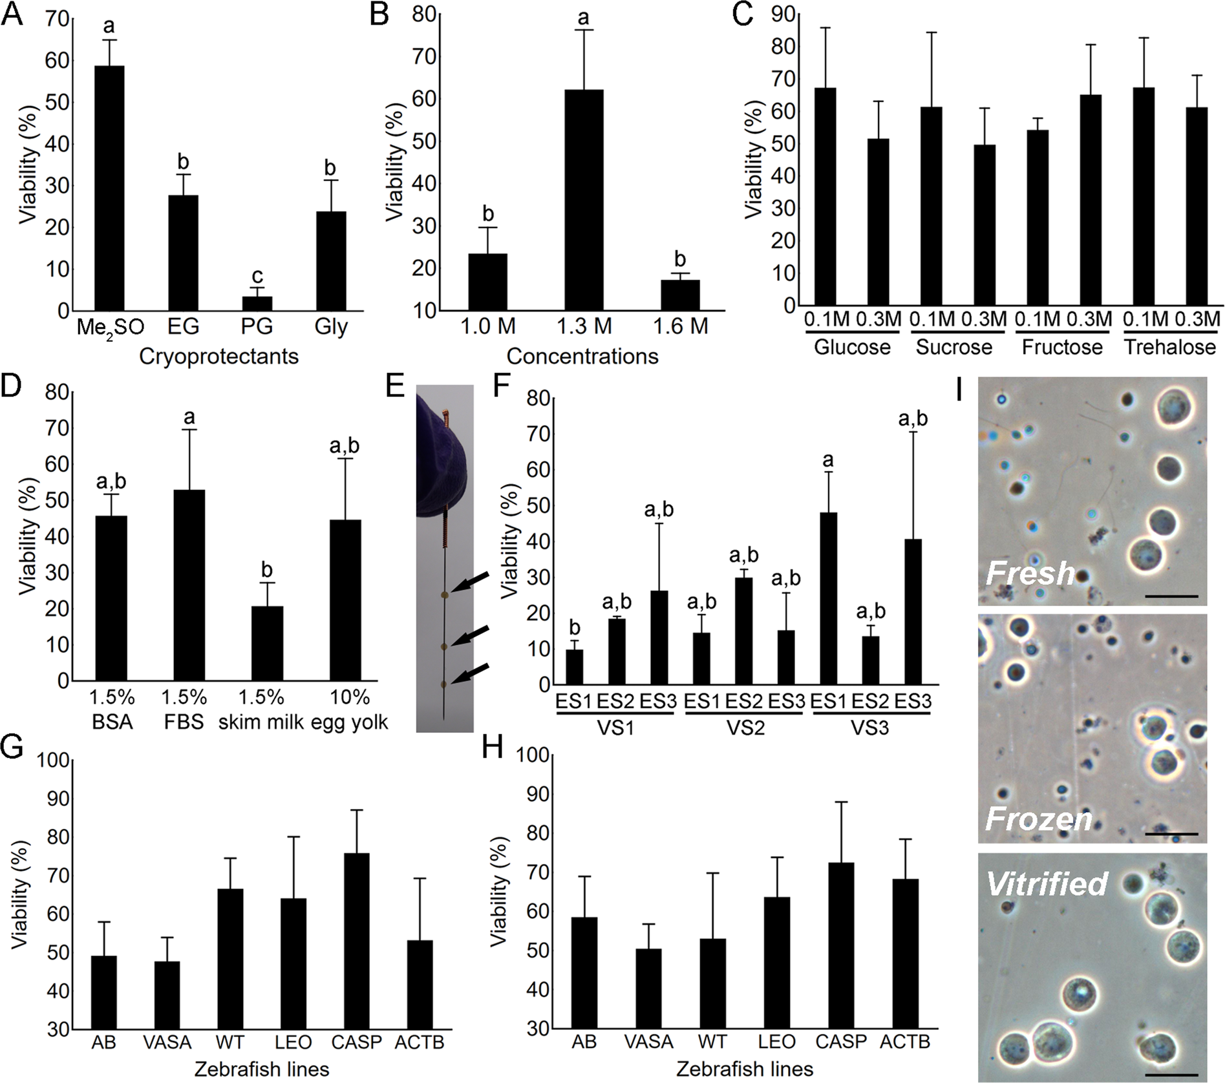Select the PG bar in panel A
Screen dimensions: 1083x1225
[257, 303]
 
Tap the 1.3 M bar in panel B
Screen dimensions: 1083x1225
[584, 200]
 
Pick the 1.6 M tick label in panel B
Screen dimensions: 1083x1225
[681, 326]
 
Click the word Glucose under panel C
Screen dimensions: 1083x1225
[851, 347]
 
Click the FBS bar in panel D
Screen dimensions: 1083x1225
[189, 585]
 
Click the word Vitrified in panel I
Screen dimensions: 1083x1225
[1047, 883]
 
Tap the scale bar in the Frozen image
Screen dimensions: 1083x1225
[1171, 834]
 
